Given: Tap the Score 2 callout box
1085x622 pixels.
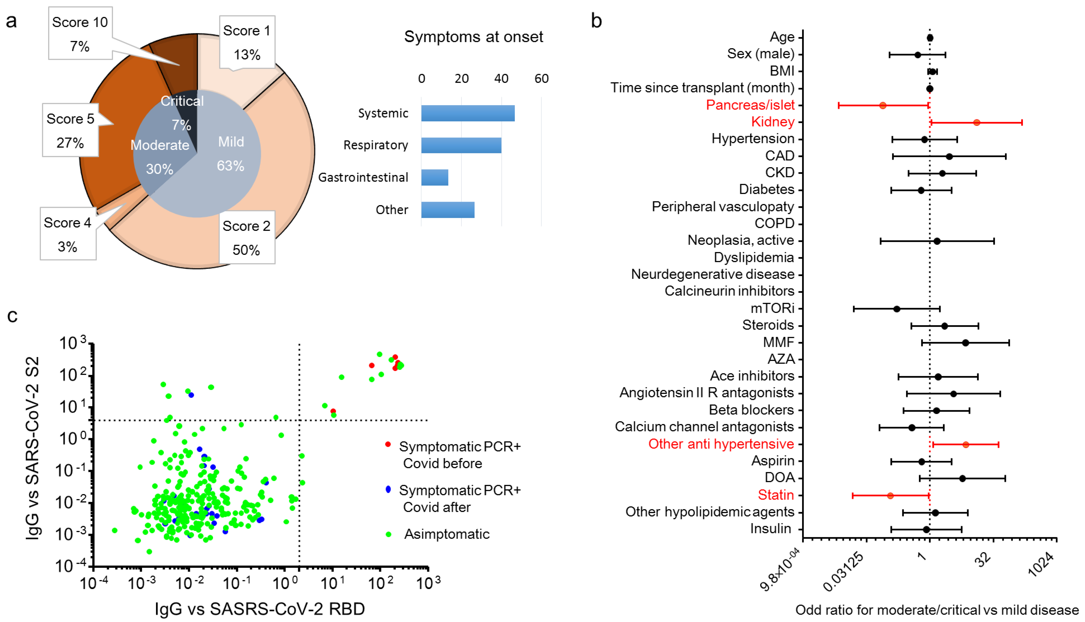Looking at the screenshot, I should (247, 238).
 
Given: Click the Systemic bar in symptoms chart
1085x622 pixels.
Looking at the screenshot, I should (468, 113).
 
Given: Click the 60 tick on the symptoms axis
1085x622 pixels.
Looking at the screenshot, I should (541, 79).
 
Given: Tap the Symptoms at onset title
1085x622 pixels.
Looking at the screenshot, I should (473, 37).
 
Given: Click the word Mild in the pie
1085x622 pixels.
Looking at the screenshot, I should (231, 142).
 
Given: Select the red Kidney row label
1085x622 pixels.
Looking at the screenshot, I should (773, 122).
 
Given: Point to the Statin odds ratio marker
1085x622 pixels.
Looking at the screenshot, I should (890, 495).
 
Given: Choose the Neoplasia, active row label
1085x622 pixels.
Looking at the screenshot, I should (740, 241).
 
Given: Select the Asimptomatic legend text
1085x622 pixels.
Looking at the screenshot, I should (447, 534).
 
